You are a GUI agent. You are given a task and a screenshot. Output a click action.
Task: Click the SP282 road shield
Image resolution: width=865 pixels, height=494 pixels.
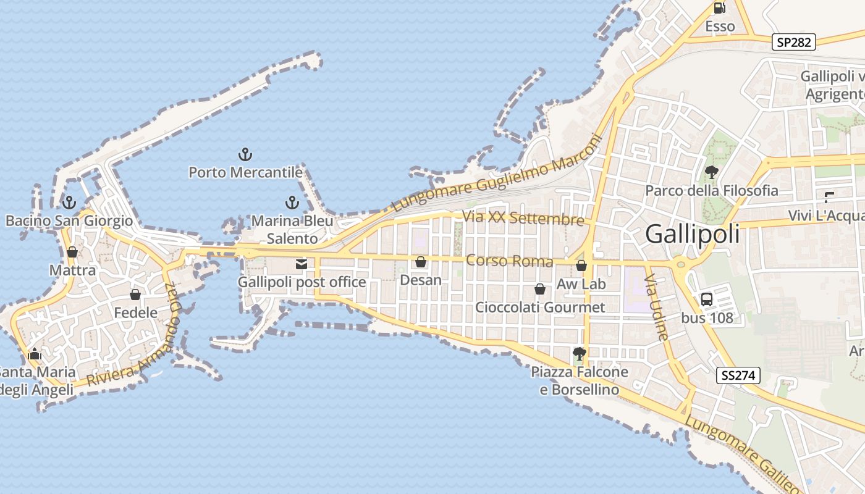pyautogui.click(x=794, y=42)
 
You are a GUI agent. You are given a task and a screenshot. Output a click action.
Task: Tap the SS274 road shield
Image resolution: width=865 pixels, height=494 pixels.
pyautogui.click(x=738, y=375)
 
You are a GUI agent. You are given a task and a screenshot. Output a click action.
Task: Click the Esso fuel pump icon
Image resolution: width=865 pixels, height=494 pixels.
pyautogui.click(x=719, y=9)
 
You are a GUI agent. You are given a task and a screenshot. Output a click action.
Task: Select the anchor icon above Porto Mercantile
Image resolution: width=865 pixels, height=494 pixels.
pyautogui.click(x=246, y=154)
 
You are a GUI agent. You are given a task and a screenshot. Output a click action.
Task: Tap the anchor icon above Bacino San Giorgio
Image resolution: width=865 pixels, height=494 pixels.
pyautogui.click(x=69, y=203)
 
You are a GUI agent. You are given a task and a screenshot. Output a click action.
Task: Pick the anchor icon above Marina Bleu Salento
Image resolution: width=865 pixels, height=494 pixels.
pyautogui.click(x=292, y=203)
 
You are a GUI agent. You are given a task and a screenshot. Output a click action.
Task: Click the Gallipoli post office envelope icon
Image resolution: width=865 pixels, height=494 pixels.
pyautogui.click(x=302, y=265)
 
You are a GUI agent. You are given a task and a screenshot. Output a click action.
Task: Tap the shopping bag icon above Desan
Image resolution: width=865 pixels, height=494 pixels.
pyautogui.click(x=421, y=262)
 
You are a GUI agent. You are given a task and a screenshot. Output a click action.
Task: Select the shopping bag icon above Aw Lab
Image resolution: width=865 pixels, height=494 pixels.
pyautogui.click(x=581, y=266)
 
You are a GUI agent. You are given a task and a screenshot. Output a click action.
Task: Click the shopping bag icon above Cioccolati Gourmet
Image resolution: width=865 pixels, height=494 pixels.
pyautogui.click(x=540, y=289)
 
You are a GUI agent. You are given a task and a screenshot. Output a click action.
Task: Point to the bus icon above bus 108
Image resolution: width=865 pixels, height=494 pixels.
pyautogui.click(x=707, y=299)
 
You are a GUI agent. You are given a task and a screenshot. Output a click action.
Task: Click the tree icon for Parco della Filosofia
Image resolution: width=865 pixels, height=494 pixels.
pyautogui.click(x=711, y=172)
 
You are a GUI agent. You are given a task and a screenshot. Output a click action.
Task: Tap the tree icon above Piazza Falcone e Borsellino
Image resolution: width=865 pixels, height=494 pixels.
pyautogui.click(x=579, y=354)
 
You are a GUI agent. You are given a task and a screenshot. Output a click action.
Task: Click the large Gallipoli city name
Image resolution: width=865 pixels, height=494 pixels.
pyautogui.click(x=692, y=234)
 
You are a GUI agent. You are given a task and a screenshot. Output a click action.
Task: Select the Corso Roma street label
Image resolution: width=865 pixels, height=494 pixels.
pyautogui.click(x=509, y=261)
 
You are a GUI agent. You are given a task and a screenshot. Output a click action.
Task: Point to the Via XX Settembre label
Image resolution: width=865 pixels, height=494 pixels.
pyautogui.click(x=523, y=218)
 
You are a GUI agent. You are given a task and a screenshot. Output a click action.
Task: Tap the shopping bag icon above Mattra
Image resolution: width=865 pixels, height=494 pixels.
pyautogui.click(x=72, y=253)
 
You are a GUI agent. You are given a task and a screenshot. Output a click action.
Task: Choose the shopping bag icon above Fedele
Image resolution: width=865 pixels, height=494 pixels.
pyautogui.click(x=135, y=295)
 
